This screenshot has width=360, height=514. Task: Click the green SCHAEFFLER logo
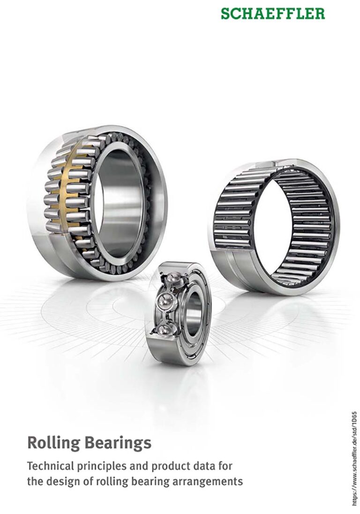(273, 14)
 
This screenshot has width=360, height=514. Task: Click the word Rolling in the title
(54, 443)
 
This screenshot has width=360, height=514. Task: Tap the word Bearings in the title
(119, 442)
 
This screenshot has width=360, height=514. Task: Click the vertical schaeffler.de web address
(354, 461)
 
